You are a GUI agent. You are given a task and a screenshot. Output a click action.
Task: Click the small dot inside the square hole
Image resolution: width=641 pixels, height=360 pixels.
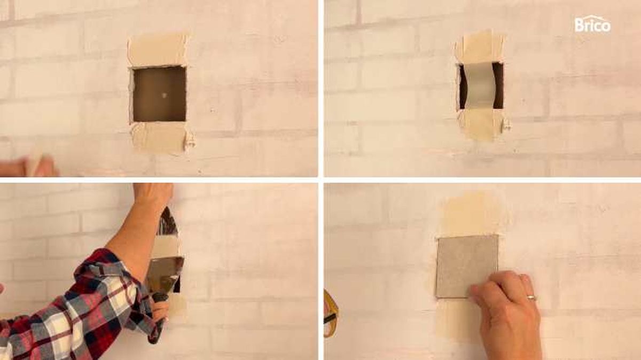coord(164,96)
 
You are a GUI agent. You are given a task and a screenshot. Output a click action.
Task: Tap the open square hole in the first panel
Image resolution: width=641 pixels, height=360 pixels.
coord(159,94)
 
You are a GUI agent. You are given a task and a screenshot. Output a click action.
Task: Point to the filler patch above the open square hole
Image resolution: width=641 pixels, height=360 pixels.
coord(158,51)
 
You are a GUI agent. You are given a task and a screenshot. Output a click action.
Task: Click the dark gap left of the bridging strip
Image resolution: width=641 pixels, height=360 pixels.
coord(462,87)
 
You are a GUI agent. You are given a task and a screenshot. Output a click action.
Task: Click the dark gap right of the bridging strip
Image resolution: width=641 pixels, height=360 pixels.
coord(498,86)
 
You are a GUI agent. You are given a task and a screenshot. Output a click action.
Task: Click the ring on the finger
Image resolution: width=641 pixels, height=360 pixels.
coord(531,297)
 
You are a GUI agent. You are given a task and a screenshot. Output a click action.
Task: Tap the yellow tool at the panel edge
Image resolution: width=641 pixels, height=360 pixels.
coord(330,314)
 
